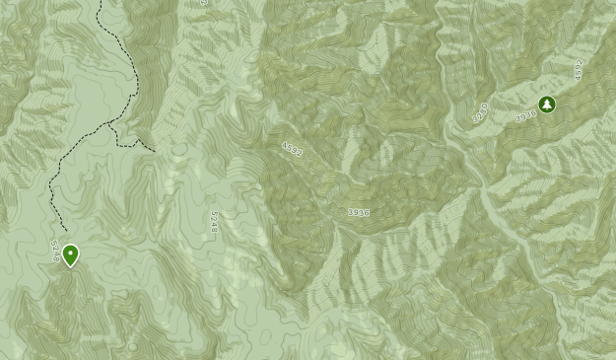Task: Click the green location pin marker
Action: [x=70, y=255]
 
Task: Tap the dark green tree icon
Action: [x=547, y=105]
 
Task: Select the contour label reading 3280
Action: [x=480, y=111]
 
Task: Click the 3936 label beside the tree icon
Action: [x=525, y=115]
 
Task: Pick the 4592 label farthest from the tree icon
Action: [x=292, y=149]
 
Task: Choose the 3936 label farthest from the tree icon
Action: [x=358, y=212]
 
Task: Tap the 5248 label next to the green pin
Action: [x=54, y=251]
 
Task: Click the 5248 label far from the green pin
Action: [x=214, y=222]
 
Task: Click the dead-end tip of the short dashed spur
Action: [x=154, y=150]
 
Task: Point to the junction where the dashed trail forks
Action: [x=109, y=126]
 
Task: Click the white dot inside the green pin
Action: [x=70, y=252]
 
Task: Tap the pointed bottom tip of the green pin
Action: [x=70, y=266]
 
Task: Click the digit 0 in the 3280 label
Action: [x=486, y=105]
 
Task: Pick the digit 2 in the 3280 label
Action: [x=478, y=114]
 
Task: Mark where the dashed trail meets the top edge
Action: [x=99, y=1]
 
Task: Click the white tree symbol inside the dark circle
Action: [x=547, y=105]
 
